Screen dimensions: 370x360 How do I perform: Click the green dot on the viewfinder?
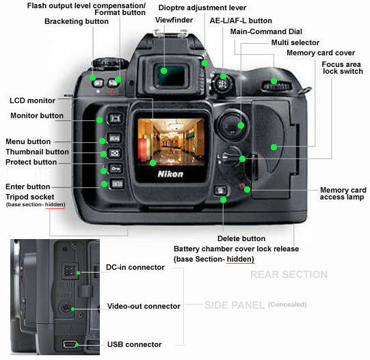(163, 70)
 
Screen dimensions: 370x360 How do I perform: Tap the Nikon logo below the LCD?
(170, 174)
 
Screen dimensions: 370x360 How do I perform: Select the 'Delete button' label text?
(241, 238)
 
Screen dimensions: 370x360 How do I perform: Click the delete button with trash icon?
(220, 191)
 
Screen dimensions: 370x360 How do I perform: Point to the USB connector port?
(69, 344)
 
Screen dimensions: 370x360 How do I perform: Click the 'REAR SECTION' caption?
(289, 275)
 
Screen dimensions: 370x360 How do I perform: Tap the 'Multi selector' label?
(295, 42)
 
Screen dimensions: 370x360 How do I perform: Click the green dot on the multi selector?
(241, 125)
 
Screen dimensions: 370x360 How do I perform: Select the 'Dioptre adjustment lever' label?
(202, 8)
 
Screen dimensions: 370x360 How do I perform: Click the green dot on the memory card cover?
(274, 148)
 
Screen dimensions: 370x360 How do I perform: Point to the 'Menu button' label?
(28, 141)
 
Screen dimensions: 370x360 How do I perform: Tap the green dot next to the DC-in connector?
(79, 273)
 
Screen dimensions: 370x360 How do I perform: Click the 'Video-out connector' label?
(144, 306)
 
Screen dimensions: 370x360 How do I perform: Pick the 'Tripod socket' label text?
(29, 197)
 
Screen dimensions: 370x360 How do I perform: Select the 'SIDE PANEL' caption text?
(235, 305)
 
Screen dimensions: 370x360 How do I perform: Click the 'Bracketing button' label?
(77, 21)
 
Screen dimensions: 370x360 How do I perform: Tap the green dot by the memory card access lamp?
(247, 189)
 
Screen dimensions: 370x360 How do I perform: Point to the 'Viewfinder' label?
(174, 20)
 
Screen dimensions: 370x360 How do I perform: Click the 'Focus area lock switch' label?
(342, 68)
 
